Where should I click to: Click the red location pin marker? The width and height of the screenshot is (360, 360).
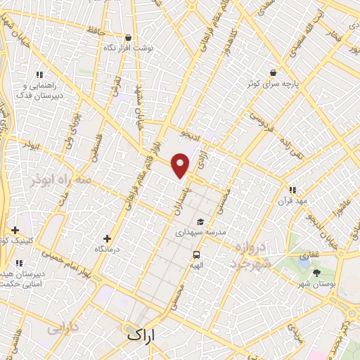click(x=181, y=165)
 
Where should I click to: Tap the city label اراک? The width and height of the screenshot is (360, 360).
click(x=144, y=334)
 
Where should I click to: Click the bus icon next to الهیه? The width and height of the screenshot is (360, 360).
click(x=195, y=255)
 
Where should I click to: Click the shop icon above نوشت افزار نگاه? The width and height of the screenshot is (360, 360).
click(x=127, y=38)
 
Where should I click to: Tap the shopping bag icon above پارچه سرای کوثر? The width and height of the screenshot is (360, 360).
click(x=272, y=72)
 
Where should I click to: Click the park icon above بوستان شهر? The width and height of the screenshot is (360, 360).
click(x=316, y=272)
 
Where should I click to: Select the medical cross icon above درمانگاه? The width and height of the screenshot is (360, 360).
click(x=107, y=239)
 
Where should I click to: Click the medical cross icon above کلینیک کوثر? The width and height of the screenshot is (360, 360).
click(x=15, y=230)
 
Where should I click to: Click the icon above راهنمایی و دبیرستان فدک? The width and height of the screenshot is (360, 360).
click(x=39, y=75)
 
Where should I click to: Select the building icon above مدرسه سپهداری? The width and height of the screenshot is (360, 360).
click(x=203, y=220)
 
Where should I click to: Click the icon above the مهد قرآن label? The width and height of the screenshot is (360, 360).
click(x=292, y=190)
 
